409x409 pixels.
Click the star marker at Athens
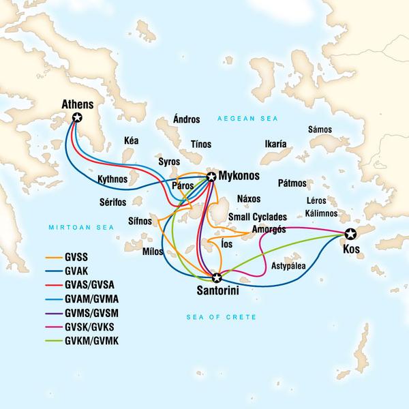[x=77, y=118]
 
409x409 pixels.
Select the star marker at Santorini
[x=217, y=277]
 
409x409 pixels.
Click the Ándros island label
[x=187, y=119]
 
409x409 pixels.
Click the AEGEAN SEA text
[x=239, y=119]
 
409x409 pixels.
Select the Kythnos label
[x=113, y=179]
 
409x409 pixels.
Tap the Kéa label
[x=131, y=140]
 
